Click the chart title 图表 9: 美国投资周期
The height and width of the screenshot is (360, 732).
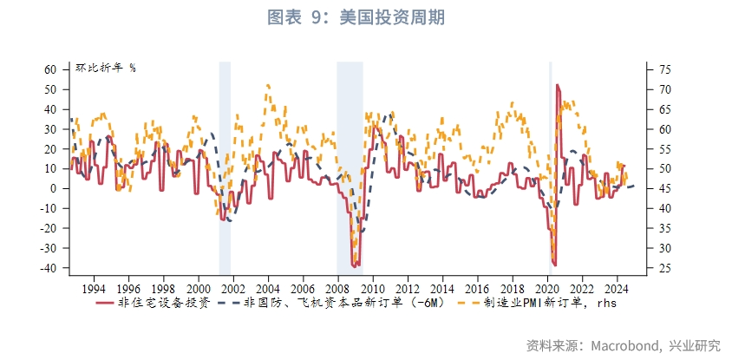click(x=365, y=17)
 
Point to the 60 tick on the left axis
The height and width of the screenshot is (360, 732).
click(x=50, y=69)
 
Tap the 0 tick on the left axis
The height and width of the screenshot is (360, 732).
click(x=54, y=188)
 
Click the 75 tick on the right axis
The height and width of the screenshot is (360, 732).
click(x=664, y=69)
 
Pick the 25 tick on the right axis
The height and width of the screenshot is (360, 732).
click(x=664, y=268)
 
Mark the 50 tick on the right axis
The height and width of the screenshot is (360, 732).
click(x=664, y=168)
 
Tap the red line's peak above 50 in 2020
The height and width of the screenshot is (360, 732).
click(x=557, y=85)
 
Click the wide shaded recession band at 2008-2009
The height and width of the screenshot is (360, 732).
click(x=350, y=165)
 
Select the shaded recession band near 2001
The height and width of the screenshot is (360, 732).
click(x=225, y=165)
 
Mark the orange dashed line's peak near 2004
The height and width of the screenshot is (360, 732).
click(x=268, y=85)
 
